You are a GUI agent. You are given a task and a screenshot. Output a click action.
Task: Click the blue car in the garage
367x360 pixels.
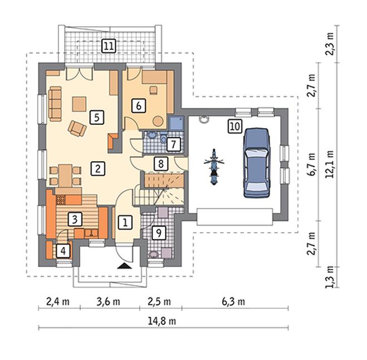[x=256, y=163]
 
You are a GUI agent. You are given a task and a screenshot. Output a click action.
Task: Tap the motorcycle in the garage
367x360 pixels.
[x=214, y=167]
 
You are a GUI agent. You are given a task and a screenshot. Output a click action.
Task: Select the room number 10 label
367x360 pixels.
[x=235, y=127]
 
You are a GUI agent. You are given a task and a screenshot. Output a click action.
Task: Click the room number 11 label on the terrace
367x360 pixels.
[x=109, y=46]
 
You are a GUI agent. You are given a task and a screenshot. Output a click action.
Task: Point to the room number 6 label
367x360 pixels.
[x=138, y=106]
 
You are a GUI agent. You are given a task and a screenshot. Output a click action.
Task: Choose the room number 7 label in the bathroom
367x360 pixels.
[x=173, y=144]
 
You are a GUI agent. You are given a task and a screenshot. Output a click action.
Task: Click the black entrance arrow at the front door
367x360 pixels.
[x=125, y=266]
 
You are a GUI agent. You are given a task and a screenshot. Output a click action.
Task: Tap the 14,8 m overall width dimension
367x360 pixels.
[x=162, y=321]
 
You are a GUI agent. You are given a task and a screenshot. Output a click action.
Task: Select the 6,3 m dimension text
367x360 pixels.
[x=234, y=302]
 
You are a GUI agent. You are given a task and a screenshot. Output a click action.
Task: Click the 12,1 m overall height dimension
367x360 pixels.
[x=330, y=164]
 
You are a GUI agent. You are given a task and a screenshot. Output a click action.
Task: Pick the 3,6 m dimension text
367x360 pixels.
[x=108, y=302]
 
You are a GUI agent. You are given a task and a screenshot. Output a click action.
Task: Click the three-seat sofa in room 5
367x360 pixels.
[x=55, y=104]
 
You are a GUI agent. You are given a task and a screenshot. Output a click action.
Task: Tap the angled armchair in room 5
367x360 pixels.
[x=77, y=128]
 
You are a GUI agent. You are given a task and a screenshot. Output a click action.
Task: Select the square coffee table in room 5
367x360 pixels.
[x=80, y=104]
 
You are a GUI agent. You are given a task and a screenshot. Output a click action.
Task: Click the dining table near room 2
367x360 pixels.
[x=65, y=176]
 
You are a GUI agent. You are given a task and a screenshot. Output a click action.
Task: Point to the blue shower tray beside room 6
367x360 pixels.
[x=176, y=123]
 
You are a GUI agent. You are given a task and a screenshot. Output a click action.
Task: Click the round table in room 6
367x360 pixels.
[x=158, y=121]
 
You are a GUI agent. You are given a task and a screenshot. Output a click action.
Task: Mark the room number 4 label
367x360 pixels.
[x=63, y=251]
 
